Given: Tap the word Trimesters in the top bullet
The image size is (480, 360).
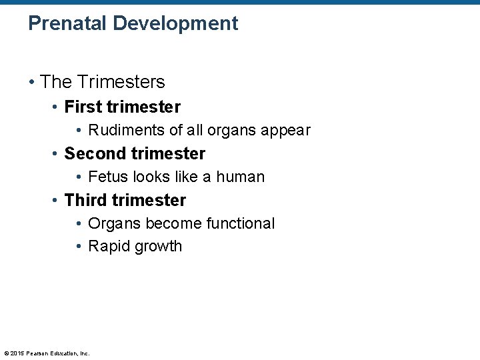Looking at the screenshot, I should click(x=121, y=82).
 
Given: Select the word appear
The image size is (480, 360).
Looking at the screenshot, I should click(x=285, y=131).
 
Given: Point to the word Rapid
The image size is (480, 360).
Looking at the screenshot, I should click(x=109, y=247).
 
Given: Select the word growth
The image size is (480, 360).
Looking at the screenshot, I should click(x=158, y=247).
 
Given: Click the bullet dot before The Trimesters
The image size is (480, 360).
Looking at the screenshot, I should click(x=31, y=83).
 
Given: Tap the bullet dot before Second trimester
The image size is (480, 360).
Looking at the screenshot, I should click(x=56, y=154).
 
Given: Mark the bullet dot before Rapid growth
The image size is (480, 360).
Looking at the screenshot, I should click(x=79, y=247).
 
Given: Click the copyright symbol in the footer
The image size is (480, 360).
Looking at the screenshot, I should click(x=6, y=353).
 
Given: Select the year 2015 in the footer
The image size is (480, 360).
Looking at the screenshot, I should click(x=17, y=353).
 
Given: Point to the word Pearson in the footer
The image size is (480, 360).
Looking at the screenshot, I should click(x=37, y=353).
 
